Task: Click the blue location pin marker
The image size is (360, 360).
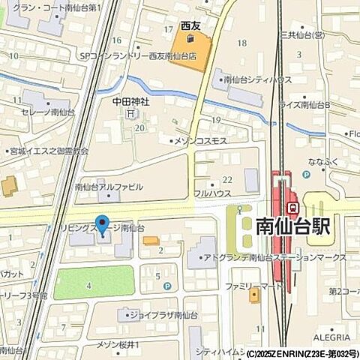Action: click(102, 224)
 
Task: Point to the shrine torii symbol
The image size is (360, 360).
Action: click(132, 114)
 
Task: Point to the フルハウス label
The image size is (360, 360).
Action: click(211, 192)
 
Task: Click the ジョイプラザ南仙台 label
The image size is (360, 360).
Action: click(162, 316)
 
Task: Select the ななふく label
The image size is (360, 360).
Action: click(320, 160)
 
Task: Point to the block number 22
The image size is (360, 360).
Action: click(226, 179)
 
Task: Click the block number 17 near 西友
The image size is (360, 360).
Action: click(169, 28)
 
